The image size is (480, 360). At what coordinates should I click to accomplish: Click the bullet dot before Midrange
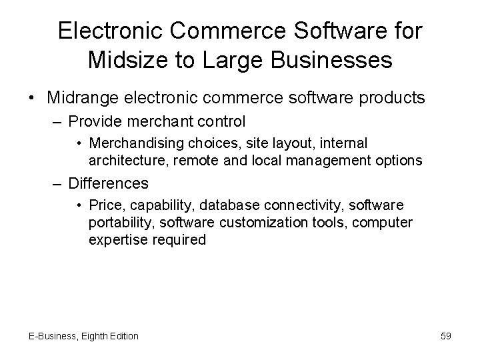pyautogui.click(x=32, y=99)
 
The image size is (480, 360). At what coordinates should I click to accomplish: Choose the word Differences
pyautogui.click(x=109, y=182)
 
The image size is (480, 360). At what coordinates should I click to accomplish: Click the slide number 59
pyautogui.click(x=446, y=336)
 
